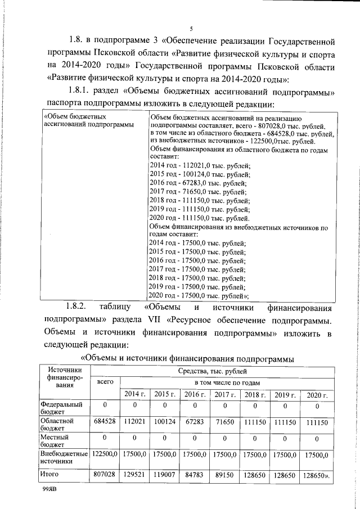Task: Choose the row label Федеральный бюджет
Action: (x=61, y=408)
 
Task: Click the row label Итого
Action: (x=49, y=475)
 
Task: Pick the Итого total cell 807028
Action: (x=105, y=475)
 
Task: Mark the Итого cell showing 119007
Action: (x=165, y=475)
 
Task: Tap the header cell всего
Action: (x=105, y=382)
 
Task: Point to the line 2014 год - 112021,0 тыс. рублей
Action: (x=200, y=165)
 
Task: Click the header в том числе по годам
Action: (x=226, y=382)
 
